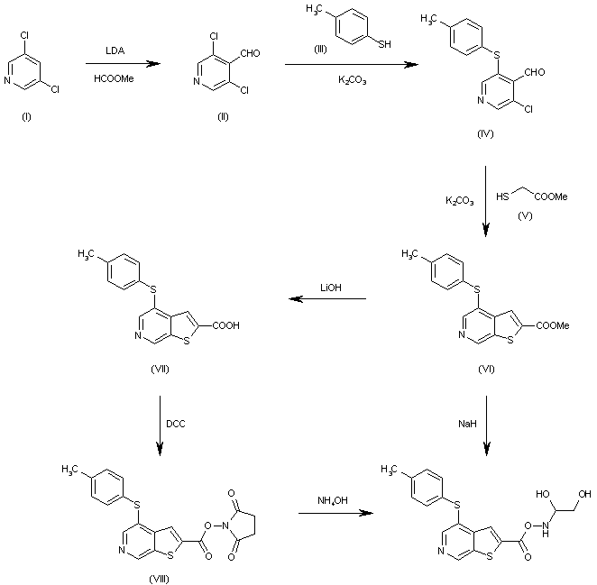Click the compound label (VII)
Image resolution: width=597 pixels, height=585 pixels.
click(163, 370)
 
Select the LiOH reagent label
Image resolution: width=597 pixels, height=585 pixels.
click(327, 288)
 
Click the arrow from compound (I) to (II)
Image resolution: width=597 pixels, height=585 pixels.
click(117, 64)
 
